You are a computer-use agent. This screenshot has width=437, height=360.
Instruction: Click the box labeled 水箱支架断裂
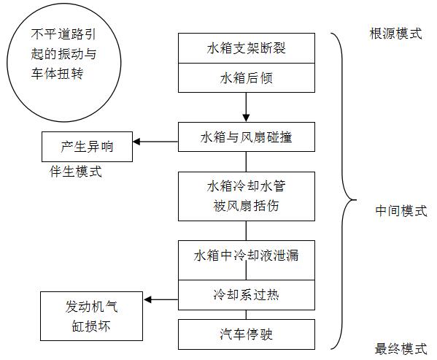click(x=247, y=48)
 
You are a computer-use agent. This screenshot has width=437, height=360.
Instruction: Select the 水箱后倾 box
click(x=247, y=78)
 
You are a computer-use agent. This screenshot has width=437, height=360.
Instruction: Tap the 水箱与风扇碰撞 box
click(x=247, y=137)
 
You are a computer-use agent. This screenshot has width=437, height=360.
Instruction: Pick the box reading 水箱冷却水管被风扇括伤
click(x=247, y=196)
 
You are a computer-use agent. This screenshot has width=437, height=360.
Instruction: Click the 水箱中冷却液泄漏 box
click(x=247, y=260)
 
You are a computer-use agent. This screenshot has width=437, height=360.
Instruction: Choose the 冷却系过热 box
click(x=247, y=295)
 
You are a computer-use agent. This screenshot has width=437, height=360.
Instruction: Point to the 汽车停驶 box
click(x=247, y=334)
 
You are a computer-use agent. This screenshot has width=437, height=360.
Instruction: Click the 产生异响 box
click(x=87, y=147)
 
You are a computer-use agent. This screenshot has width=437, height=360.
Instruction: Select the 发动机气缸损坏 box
click(x=91, y=316)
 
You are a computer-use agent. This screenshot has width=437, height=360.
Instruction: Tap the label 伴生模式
click(x=76, y=171)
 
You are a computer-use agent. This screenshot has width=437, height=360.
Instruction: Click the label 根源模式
click(x=395, y=34)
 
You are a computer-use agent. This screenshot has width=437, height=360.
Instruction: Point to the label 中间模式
click(x=401, y=210)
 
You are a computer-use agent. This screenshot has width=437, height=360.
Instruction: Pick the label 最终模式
click(x=401, y=348)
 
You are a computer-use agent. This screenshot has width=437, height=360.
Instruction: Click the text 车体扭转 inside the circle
click(x=57, y=73)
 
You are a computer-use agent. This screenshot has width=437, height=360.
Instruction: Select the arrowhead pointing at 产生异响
click(x=136, y=142)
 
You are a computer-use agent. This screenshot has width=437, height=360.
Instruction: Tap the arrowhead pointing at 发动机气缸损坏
click(x=147, y=300)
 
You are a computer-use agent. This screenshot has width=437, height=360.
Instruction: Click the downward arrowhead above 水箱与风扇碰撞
click(x=246, y=118)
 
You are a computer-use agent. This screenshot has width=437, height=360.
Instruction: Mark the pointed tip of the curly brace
click(x=357, y=200)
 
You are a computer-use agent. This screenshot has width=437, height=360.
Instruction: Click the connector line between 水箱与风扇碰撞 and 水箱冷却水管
click(x=246, y=161)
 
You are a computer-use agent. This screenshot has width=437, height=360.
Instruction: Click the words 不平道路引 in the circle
click(x=63, y=34)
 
